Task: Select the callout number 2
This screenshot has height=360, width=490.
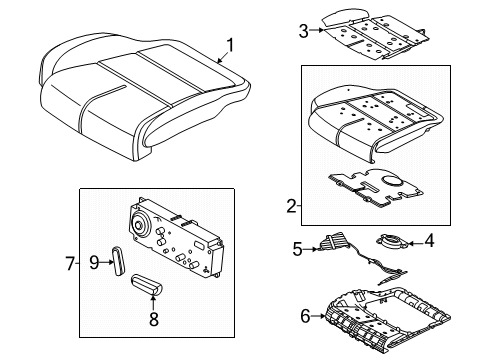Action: click(x=291, y=206)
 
